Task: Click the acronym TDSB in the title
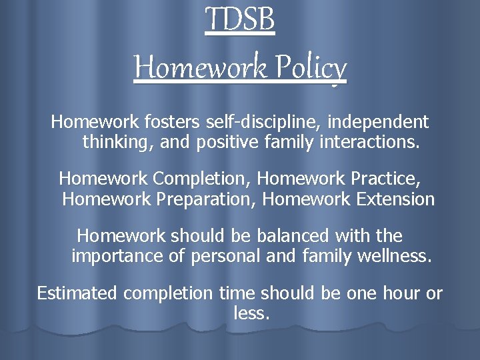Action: click(x=240, y=20)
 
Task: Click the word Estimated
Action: click(x=77, y=293)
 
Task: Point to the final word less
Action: click(x=252, y=313)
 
